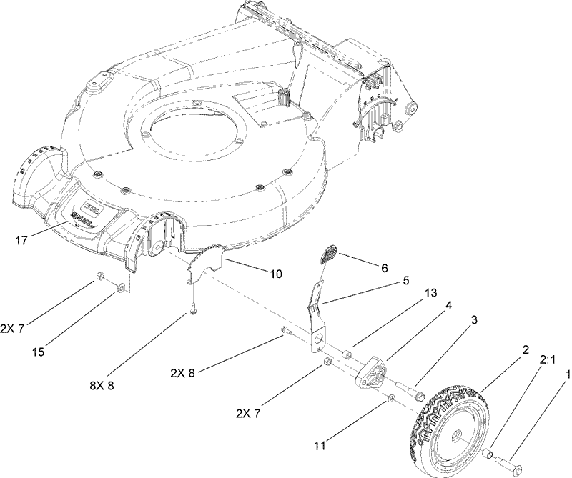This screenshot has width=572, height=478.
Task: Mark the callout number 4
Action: coord(448,305)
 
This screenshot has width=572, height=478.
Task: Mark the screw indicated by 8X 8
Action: coord(194,311)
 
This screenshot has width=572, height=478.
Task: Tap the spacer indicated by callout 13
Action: coord(347,354)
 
